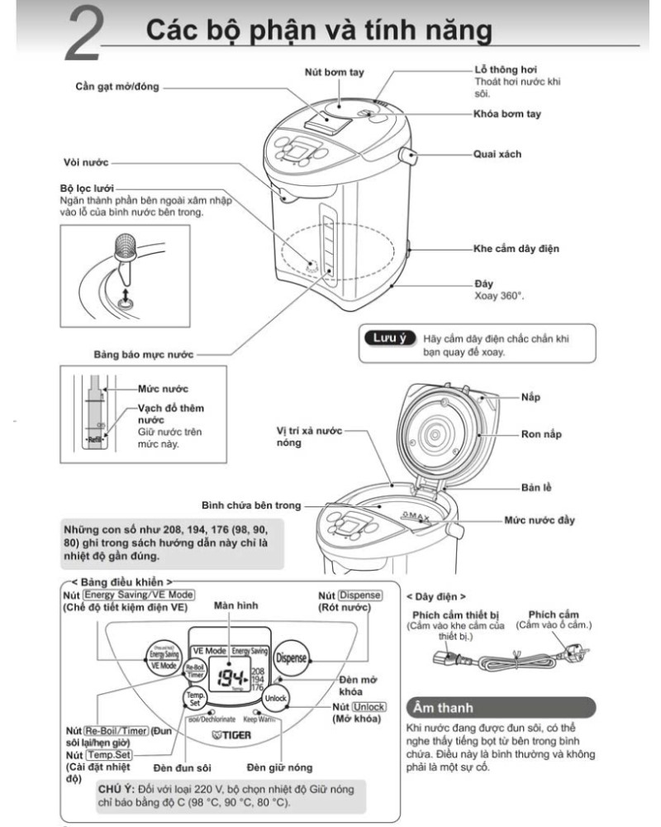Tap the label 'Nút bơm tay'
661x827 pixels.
pos(334,73)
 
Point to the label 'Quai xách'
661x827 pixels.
pos(497,154)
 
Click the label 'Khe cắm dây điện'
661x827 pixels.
pos(517,247)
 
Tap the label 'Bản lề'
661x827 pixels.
pos(536,487)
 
